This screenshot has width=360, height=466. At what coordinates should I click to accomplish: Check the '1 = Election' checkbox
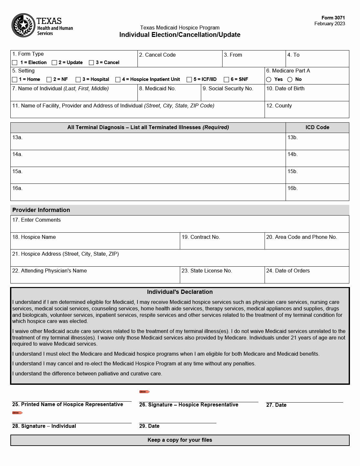15,62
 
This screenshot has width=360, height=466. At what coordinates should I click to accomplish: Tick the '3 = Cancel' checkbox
92,62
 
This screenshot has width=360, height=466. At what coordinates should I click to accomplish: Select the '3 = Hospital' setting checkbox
78,80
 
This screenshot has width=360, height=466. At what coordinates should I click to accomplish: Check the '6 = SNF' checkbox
226,80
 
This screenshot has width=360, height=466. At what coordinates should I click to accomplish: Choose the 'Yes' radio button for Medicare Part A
269,80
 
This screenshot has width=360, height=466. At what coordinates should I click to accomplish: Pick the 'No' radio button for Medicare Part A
290,80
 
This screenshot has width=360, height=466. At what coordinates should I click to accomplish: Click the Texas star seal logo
23,25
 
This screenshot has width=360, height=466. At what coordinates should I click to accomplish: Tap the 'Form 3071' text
333,18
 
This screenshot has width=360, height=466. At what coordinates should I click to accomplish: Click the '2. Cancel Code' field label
158,55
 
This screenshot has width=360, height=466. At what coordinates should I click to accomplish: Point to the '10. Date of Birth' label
285,89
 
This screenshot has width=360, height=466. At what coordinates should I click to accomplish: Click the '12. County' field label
279,106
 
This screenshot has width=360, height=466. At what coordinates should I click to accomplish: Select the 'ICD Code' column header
317,128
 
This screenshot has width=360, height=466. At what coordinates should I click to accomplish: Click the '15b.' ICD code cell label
292,172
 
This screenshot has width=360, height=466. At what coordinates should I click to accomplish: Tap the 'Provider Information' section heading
41,210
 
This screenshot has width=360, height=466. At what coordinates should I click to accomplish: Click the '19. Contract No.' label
201,237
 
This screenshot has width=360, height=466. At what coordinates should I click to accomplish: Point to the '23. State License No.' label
207,271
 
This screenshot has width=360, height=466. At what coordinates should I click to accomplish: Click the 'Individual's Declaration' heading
180,292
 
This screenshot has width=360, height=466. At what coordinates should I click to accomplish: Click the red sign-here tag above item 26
144,392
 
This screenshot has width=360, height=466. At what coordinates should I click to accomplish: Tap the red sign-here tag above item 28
17,413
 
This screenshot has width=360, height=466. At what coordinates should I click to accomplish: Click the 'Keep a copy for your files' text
180,440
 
